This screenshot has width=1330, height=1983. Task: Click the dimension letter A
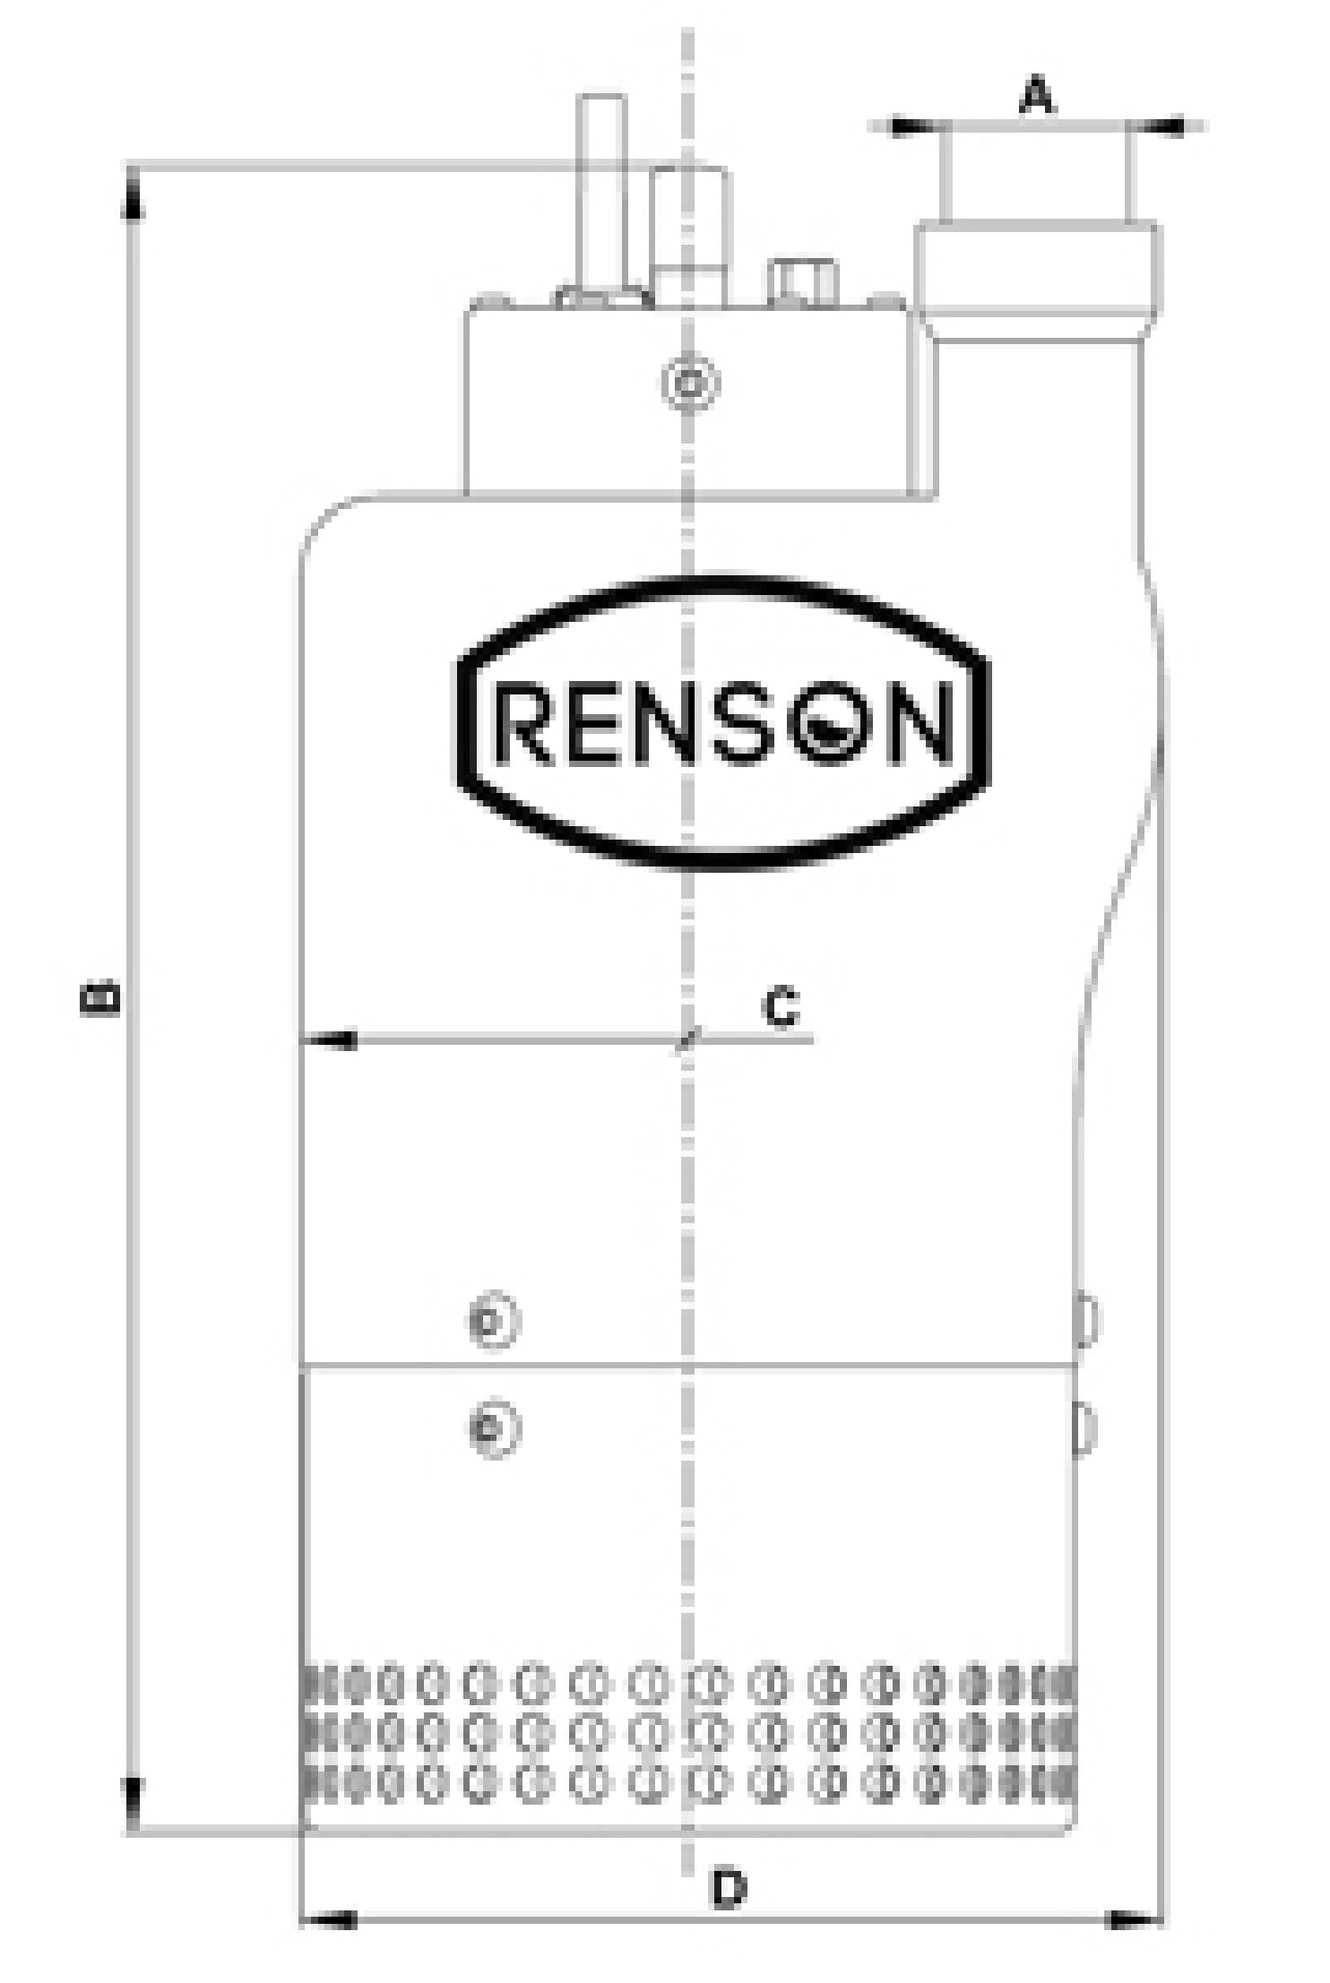coord(1038,95)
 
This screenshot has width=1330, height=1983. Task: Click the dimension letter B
coord(99,998)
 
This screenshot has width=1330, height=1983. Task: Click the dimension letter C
coord(781,1006)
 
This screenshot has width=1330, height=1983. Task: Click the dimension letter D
coord(730,1888)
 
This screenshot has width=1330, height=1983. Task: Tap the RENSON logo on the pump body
coord(723,722)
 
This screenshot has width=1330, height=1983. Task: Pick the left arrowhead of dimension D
coord(328,1919)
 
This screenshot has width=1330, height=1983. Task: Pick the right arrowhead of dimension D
coord(1133,1919)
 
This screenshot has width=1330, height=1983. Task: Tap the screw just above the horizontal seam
coord(494,1320)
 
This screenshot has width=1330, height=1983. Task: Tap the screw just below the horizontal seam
coord(494,1427)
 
